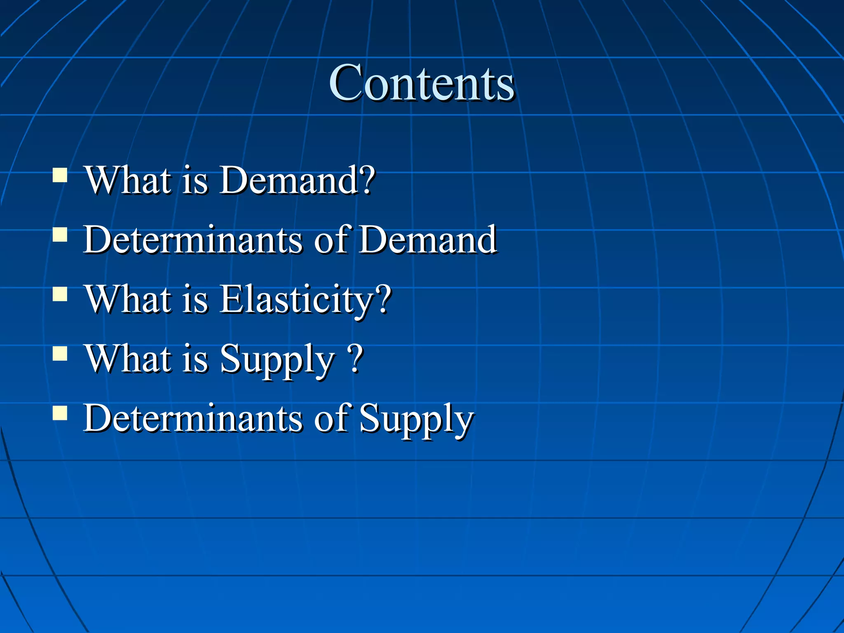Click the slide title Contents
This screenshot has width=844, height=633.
422,83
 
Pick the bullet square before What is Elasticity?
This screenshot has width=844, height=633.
60,294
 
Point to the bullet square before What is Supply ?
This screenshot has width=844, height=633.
60,353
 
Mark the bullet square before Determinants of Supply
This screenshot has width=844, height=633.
60,413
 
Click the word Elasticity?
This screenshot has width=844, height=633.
305,300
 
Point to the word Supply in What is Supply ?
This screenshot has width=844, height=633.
277,360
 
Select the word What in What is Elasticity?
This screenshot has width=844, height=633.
128,300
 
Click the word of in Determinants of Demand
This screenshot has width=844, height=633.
332,240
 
